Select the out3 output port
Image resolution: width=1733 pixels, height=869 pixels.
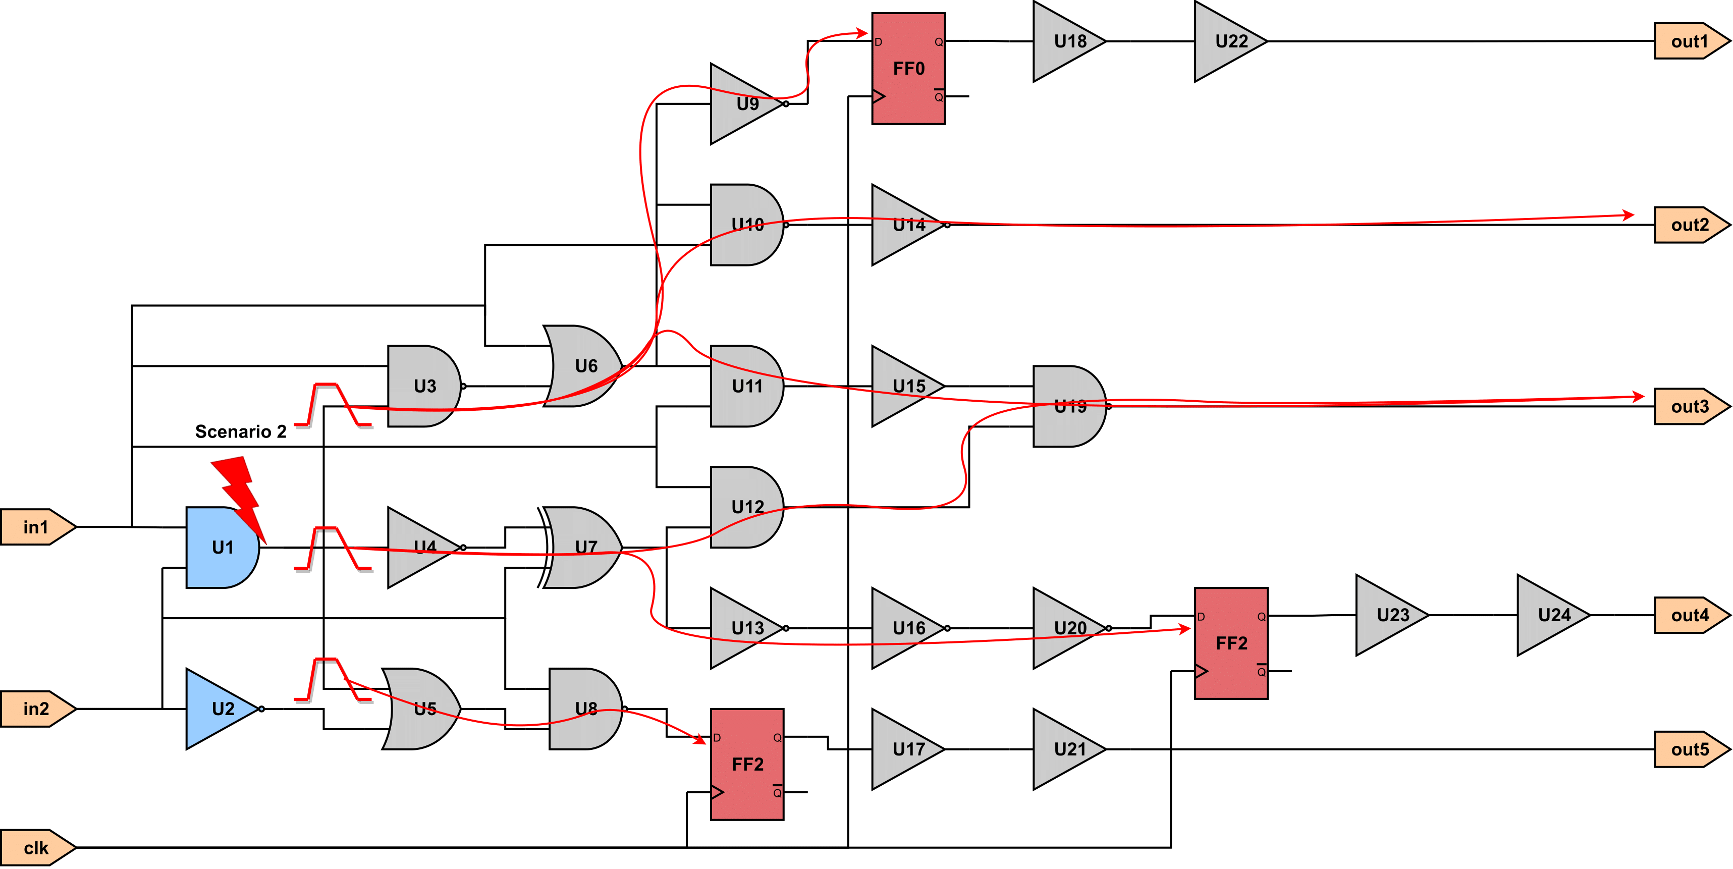tap(1691, 406)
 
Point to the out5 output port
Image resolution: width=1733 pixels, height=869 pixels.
tap(1691, 749)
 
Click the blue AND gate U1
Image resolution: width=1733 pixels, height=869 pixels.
tap(223, 548)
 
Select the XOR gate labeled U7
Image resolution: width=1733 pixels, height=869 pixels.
tap(580, 548)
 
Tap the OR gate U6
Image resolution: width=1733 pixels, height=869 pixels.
tap(582, 366)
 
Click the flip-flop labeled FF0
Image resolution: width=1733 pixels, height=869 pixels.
tap(908, 68)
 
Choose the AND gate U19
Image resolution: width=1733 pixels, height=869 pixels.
tap(1070, 406)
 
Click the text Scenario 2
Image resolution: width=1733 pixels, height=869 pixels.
tap(241, 431)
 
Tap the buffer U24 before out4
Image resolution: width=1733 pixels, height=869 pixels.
tap(1554, 615)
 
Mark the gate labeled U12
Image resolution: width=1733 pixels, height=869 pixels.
tap(747, 507)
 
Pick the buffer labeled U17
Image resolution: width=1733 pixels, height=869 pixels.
tap(908, 749)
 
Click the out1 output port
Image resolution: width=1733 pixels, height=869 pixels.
tap(1691, 41)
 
